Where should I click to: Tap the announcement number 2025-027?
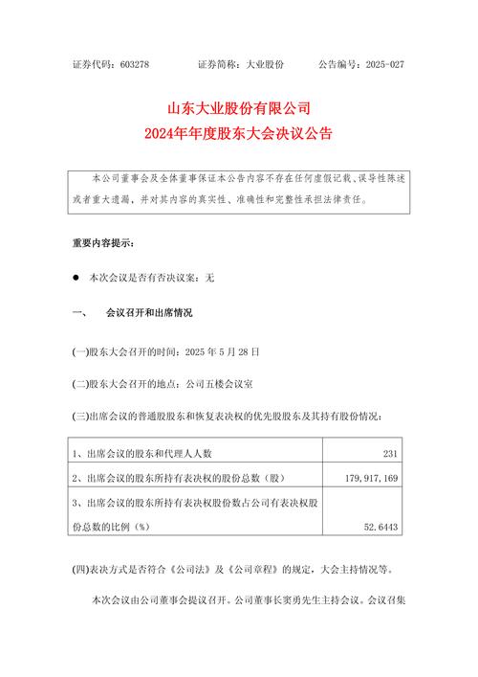pos(383,64)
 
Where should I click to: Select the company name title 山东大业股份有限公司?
pos(238,108)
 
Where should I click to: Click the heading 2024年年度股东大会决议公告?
pos(238,135)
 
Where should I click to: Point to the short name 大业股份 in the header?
pos(266,64)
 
